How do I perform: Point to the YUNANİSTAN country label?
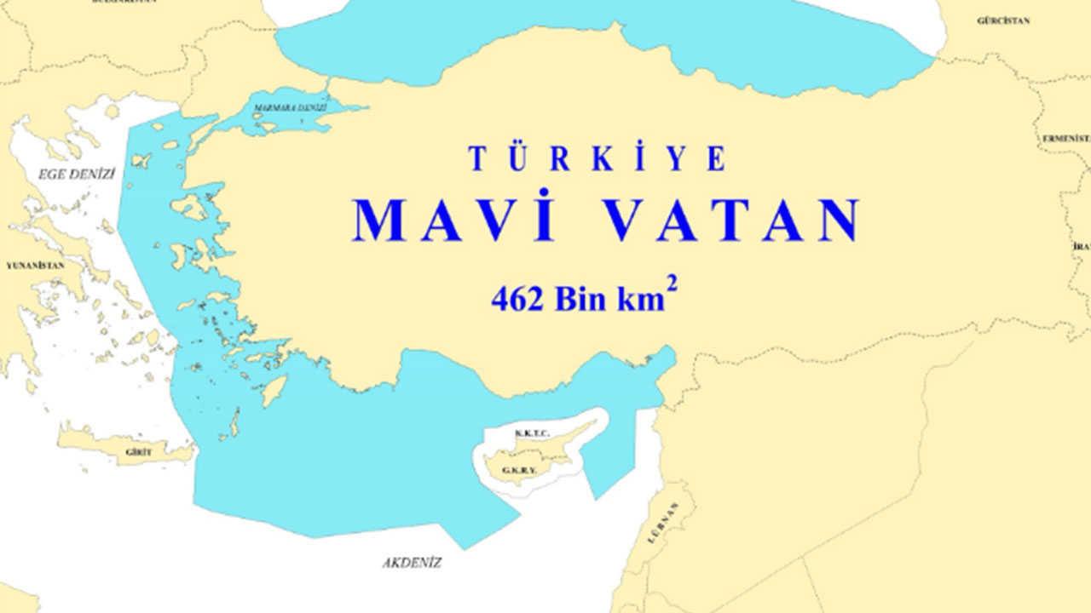35,266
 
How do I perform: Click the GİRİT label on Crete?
138,452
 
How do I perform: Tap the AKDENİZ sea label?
413,563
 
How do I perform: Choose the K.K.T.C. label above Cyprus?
527,434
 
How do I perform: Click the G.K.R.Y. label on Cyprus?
518,469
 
